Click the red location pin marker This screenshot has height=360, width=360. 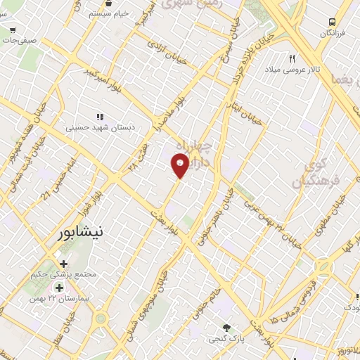point(180,165)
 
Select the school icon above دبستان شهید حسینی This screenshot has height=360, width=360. point(100,117)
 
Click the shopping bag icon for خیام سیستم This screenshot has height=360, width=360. point(83,13)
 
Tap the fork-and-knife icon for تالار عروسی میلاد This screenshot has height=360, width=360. point(292,58)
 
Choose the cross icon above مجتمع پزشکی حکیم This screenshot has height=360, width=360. point(64,263)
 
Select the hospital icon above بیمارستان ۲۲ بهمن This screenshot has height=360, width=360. point(59,287)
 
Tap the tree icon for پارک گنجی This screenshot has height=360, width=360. point(226,328)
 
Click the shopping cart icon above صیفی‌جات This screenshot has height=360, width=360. point(13,31)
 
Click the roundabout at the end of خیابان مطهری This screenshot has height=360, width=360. point(323,268)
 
